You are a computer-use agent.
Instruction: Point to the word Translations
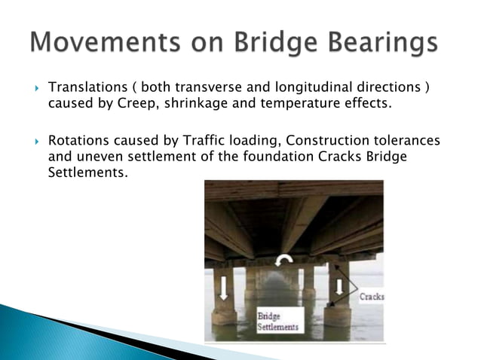tap(85, 89)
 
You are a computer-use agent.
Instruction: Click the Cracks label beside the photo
tap(371, 297)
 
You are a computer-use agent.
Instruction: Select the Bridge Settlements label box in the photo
tap(278, 322)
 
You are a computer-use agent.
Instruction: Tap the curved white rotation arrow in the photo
tap(286, 261)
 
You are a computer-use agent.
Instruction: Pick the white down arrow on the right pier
tap(339, 287)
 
